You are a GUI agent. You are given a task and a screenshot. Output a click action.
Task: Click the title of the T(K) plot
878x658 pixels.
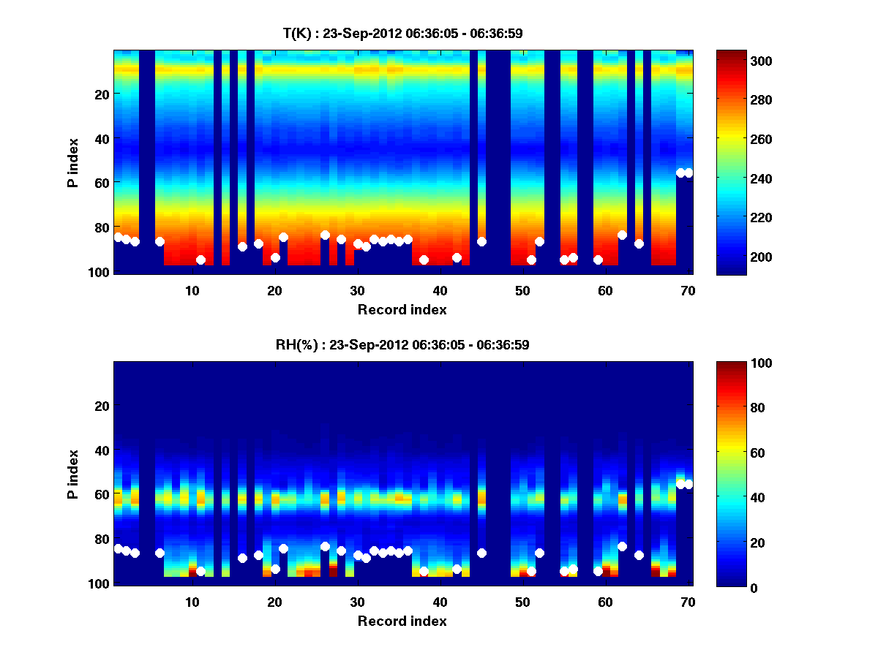coord(402,33)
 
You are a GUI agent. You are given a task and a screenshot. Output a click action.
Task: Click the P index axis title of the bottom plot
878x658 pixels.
coord(73,474)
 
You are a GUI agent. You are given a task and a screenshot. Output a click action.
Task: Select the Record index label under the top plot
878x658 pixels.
coord(402,309)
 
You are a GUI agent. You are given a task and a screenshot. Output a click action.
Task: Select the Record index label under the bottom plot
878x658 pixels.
coord(402,621)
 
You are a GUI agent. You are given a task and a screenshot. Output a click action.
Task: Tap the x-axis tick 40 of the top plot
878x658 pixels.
coord(440,290)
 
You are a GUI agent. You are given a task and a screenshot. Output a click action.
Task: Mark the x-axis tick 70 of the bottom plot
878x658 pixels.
coord(688,602)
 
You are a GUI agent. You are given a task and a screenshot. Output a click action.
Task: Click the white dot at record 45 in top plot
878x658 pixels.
coord(481,241)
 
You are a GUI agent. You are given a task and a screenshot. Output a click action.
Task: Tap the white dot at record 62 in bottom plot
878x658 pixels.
coord(622,546)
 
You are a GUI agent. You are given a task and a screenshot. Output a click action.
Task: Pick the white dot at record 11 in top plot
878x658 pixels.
coord(200,260)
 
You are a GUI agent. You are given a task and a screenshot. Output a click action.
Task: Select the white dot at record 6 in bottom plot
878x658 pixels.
coord(160,553)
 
